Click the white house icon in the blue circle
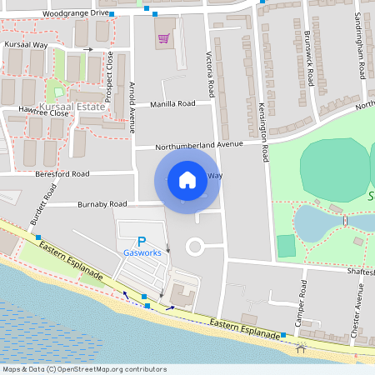(x=187, y=179)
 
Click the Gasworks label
(x=142, y=252)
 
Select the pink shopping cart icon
(x=163, y=37)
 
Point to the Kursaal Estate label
(x=79, y=107)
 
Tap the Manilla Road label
(x=172, y=104)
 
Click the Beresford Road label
(x=62, y=174)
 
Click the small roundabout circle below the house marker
(x=196, y=247)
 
